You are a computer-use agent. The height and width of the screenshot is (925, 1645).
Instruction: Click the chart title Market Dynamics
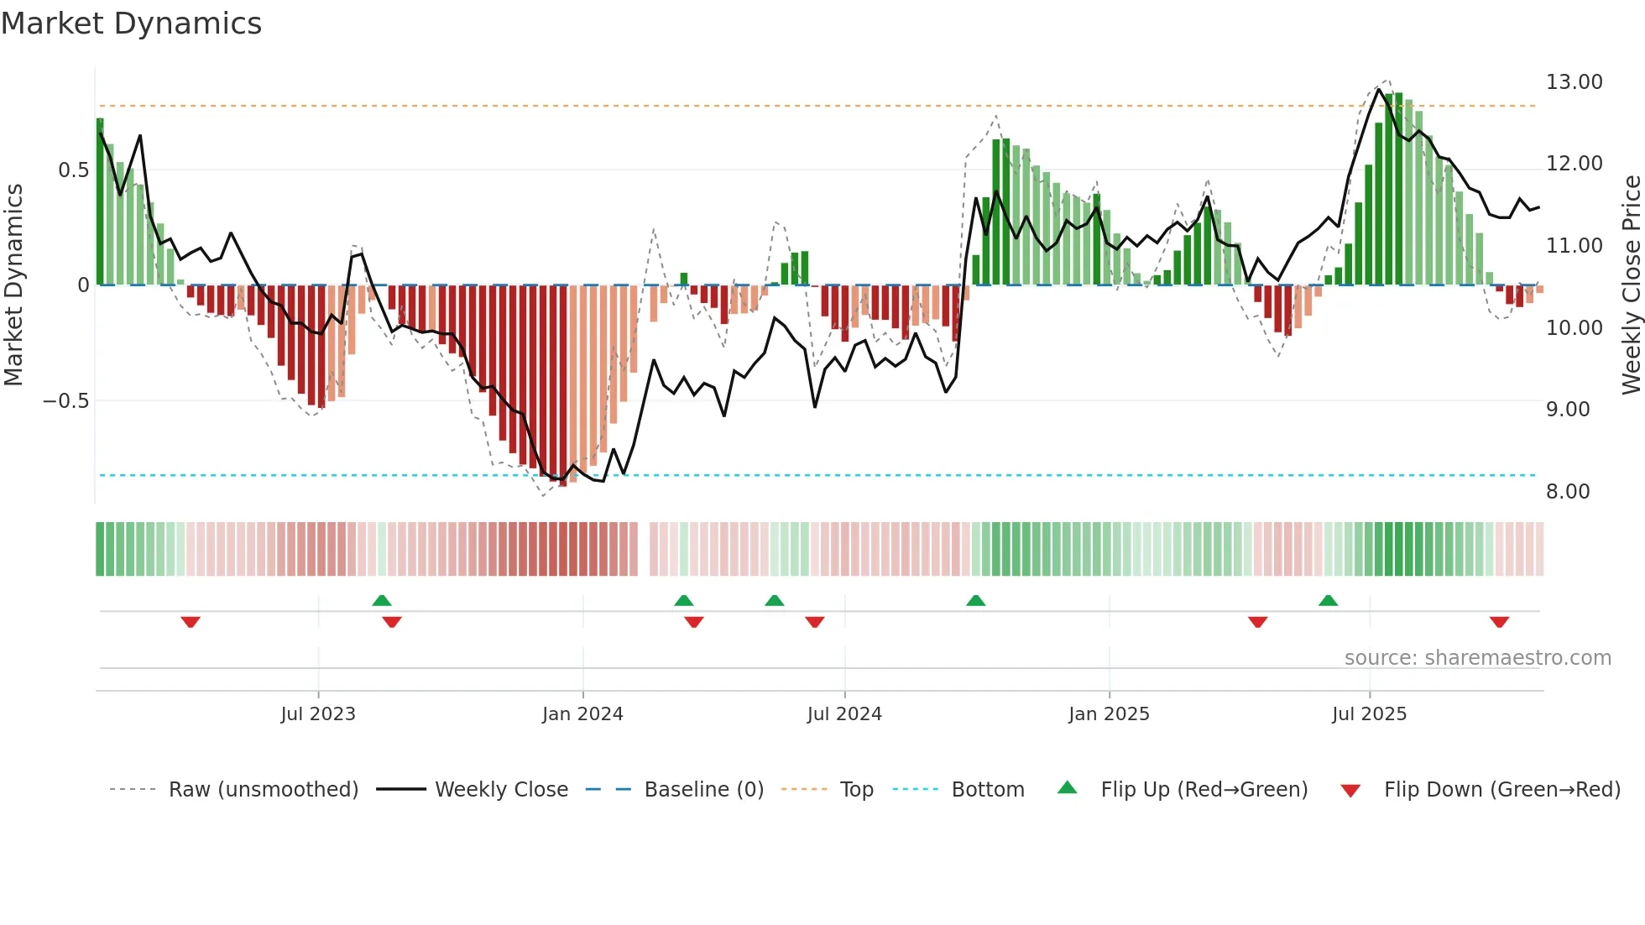[x=131, y=24]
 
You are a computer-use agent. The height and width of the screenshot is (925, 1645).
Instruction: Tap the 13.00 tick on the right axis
[x=1574, y=82]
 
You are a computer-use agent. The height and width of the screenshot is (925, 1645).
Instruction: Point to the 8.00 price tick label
[x=1567, y=492]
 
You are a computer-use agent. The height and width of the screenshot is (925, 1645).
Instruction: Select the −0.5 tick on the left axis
[x=66, y=401]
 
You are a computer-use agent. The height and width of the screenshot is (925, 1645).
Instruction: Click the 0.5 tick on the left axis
[x=73, y=170]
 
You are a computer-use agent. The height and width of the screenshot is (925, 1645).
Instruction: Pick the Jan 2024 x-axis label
[x=582, y=714]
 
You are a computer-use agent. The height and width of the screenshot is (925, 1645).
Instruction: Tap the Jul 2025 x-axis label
[x=1369, y=714]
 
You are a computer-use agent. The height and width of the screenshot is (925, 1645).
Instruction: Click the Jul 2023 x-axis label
[x=318, y=714]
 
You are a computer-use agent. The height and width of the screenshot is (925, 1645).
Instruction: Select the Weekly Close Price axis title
[x=1631, y=285]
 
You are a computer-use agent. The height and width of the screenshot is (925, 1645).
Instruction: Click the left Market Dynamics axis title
[x=13, y=285]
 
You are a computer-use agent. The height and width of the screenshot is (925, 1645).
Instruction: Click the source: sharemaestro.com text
[x=1477, y=658]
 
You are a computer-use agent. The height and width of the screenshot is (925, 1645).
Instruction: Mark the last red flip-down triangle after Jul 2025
[x=1499, y=622]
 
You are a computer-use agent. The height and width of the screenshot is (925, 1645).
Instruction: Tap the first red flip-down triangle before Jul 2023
[x=191, y=622]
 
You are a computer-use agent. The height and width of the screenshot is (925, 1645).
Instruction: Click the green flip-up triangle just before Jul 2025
[x=1328, y=601]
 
